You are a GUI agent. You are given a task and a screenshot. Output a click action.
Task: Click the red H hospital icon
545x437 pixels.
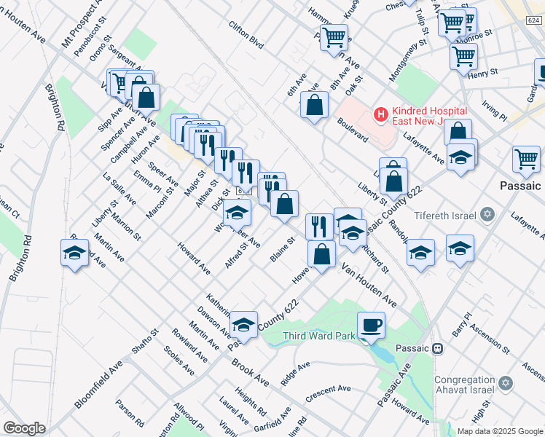coord(380,114)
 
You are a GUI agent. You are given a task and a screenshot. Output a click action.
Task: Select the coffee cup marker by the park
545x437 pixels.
coord(371,325)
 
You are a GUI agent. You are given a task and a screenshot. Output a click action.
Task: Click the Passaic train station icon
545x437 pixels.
coord(437,348)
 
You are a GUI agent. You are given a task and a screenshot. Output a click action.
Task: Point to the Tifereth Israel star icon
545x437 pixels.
coord(488,215)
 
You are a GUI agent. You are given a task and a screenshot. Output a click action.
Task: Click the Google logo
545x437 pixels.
coord(25,428)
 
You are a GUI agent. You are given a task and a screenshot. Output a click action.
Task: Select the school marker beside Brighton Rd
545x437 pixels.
coord(75,254)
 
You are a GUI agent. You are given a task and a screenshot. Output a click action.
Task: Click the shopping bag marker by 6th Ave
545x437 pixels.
coord(313,106)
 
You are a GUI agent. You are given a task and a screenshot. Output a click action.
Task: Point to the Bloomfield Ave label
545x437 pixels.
coord(98,383)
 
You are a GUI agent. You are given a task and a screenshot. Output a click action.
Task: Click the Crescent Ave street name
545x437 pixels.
coord(329,393)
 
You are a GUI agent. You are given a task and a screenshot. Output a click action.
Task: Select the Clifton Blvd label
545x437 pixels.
coord(246,34)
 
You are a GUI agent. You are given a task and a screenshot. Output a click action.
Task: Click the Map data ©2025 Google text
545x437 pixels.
coord(501,431)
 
